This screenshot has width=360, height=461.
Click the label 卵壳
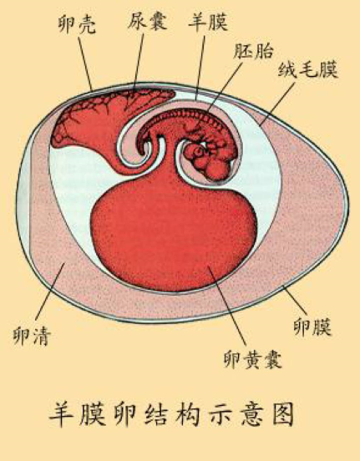77,24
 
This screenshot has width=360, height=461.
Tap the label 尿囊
147,20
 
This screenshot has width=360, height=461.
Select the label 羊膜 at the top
208,22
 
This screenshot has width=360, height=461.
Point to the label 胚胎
253,51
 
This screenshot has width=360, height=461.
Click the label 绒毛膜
308,69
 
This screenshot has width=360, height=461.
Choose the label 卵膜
312,327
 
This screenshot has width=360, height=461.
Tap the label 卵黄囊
253,359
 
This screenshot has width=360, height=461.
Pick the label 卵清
32,336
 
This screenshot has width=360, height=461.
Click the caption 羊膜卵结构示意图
172,414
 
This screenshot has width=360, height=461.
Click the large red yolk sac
174,238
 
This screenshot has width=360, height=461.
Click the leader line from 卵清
50,291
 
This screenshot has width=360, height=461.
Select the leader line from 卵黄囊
226,306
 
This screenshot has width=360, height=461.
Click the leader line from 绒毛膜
277,104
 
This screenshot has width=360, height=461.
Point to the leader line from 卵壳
85,63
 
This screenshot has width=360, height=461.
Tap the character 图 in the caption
283,414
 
